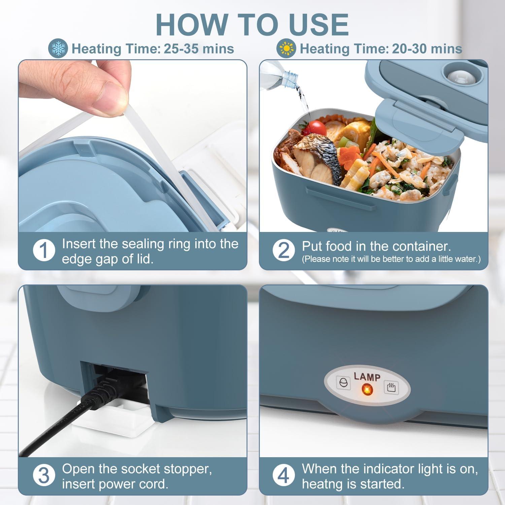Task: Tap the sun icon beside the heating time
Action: click(286, 49)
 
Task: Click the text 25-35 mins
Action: click(199, 49)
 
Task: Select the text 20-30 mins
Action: click(427, 49)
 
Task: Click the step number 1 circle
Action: click(44, 250)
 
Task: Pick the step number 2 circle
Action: click(283, 250)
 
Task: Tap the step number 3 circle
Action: click(44, 476)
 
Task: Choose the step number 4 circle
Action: click(283, 476)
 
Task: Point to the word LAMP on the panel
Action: click(367, 376)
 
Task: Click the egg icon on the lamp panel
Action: click(343, 383)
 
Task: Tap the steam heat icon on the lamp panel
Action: click(391, 388)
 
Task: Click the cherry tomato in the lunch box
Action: click(316, 127)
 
